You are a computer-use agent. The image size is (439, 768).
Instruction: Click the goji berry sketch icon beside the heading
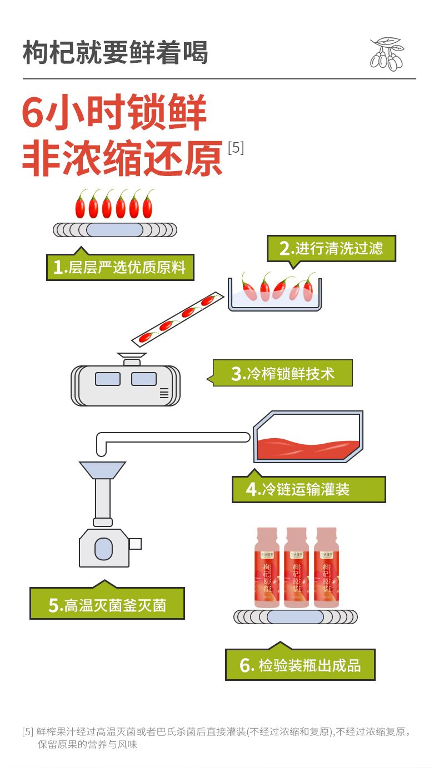pyautogui.click(x=387, y=54)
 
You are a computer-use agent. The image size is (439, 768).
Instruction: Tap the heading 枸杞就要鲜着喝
pyautogui.click(x=116, y=53)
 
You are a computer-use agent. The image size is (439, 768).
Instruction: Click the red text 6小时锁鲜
pyautogui.click(x=114, y=113)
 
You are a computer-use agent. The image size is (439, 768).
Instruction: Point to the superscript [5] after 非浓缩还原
pyautogui.click(x=236, y=148)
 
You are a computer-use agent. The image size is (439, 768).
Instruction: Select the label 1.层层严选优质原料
pyautogui.click(x=120, y=268)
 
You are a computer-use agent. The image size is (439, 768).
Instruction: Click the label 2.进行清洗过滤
pyautogui.click(x=331, y=249)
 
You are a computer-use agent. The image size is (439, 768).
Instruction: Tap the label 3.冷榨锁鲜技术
pyautogui.click(x=283, y=373)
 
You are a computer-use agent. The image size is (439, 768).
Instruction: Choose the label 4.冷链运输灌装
pyautogui.click(x=308, y=489)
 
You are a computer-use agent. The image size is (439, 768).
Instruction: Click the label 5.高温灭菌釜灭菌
pyautogui.click(x=107, y=605)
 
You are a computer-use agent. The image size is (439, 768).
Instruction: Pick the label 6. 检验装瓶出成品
pyautogui.click(x=300, y=665)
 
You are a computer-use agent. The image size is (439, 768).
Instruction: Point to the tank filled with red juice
pyautogui.click(x=308, y=439)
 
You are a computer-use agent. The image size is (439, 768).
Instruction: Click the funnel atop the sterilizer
pyautogui.click(x=102, y=470)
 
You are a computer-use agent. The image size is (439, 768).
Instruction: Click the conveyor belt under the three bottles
pyautogui.click(x=295, y=617)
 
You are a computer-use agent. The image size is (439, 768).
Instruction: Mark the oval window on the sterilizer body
pyautogui.click(x=103, y=549)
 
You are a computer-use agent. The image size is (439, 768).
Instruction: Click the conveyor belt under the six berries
pyautogui.click(x=115, y=229)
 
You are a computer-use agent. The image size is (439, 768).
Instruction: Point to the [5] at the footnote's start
pyautogui.click(x=28, y=731)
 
